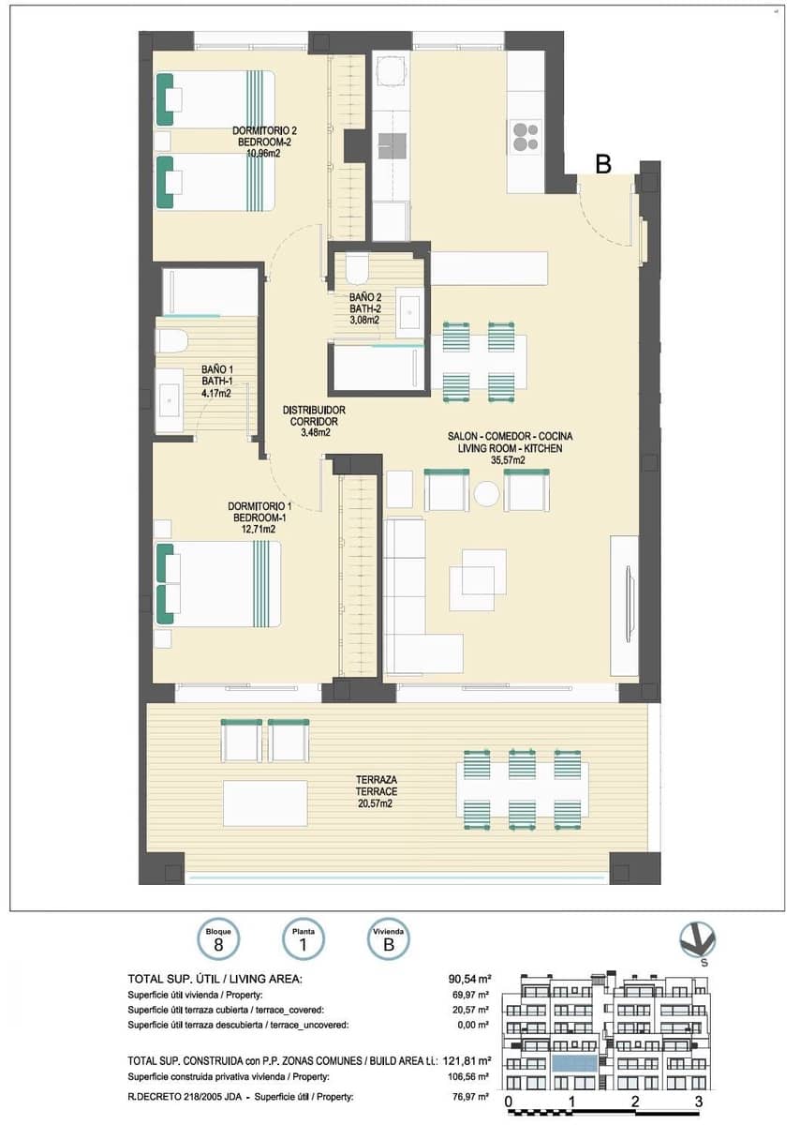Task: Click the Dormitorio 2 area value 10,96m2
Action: pos(263,153)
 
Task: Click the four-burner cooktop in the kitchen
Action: pos(526,137)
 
